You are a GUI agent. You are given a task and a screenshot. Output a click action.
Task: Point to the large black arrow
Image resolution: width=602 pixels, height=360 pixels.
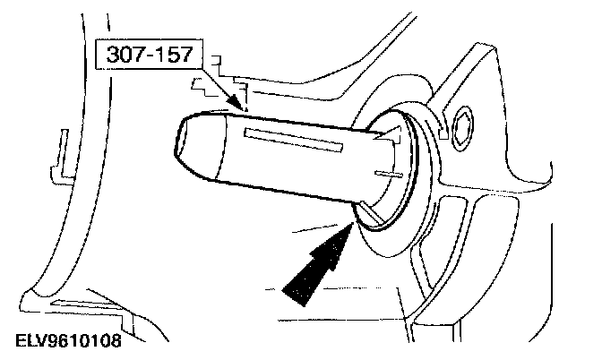[317, 260]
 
